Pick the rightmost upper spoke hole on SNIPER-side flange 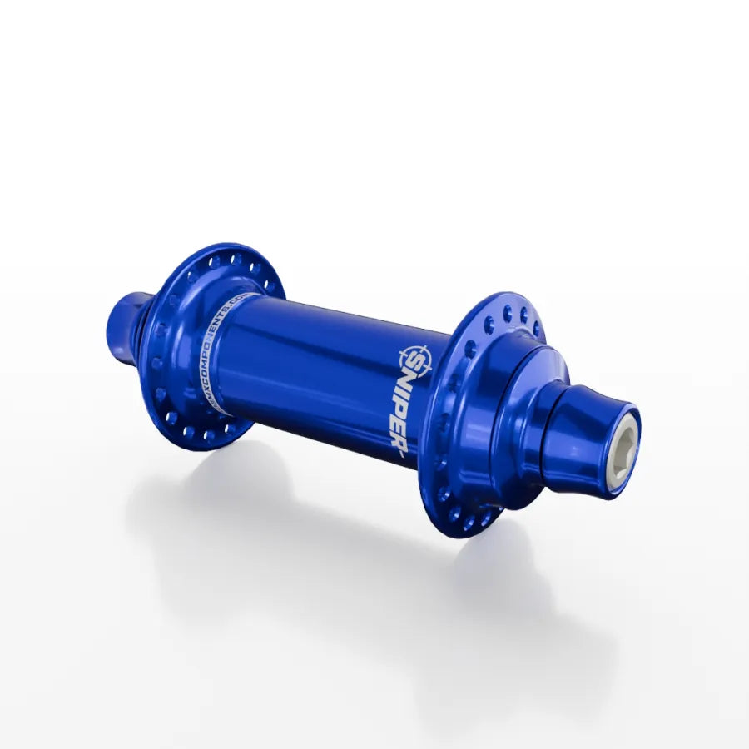coord(537,330)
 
